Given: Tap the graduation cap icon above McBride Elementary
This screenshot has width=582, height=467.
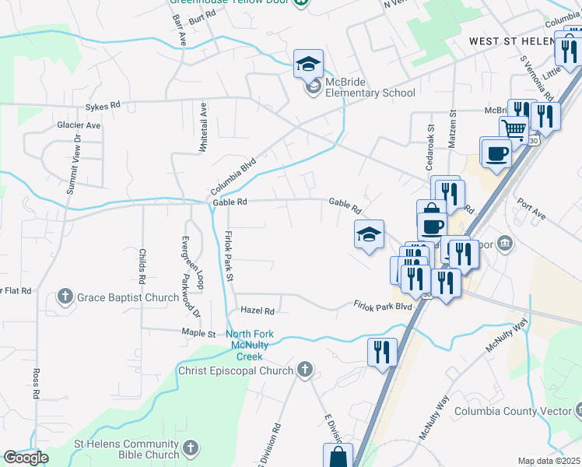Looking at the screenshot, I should pos(308,63).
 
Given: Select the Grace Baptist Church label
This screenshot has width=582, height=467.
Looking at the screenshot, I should pos(129,297).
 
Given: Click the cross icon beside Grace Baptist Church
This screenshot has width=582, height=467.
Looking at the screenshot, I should pos(65,297).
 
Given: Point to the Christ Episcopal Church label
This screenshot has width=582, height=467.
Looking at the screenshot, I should pos(234,370).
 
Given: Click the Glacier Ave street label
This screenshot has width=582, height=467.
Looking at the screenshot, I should pos(79,125).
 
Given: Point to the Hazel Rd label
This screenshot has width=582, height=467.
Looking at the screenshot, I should pos(258,311).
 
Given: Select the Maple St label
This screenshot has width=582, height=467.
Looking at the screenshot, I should pos(198,333).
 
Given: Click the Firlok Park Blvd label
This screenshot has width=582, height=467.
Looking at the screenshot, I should pos(382,306).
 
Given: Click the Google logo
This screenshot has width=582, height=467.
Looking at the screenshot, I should pos(26,457).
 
